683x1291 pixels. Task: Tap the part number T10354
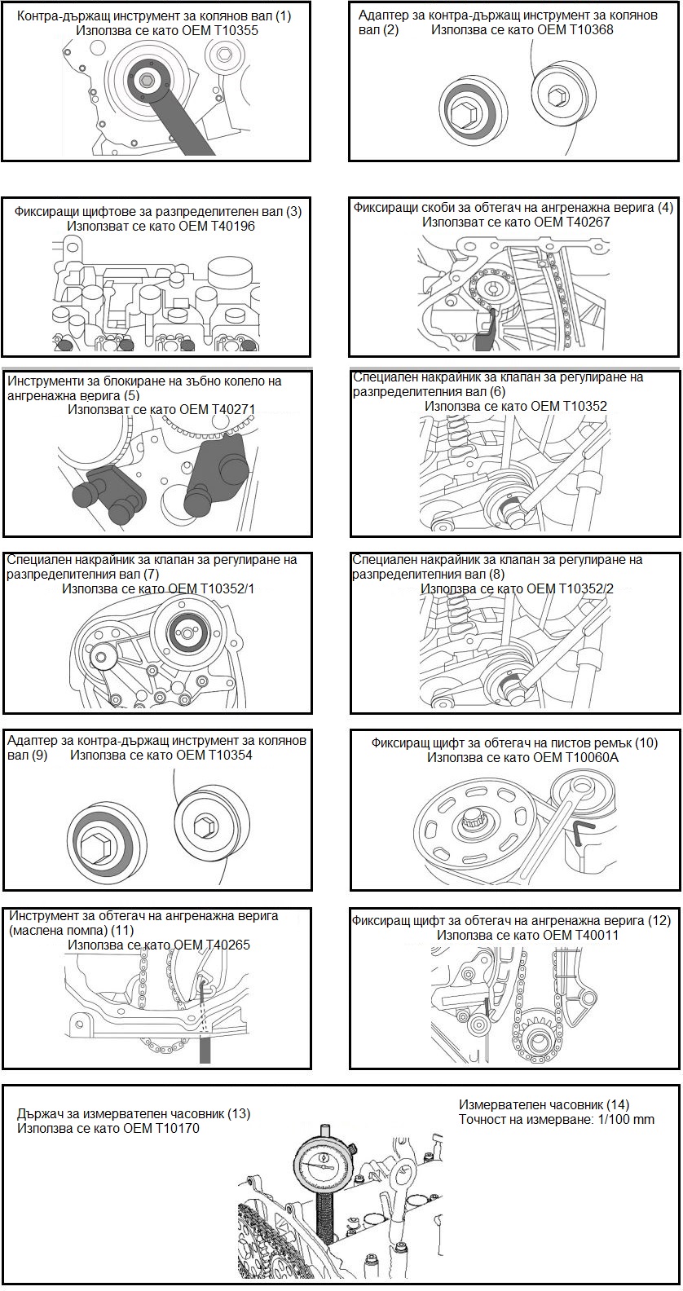pyautogui.click(x=225, y=756)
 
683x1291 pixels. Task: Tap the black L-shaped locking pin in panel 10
pyautogui.click(x=582, y=833)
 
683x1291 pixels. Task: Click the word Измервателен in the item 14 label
pyautogui.click(x=497, y=1104)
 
